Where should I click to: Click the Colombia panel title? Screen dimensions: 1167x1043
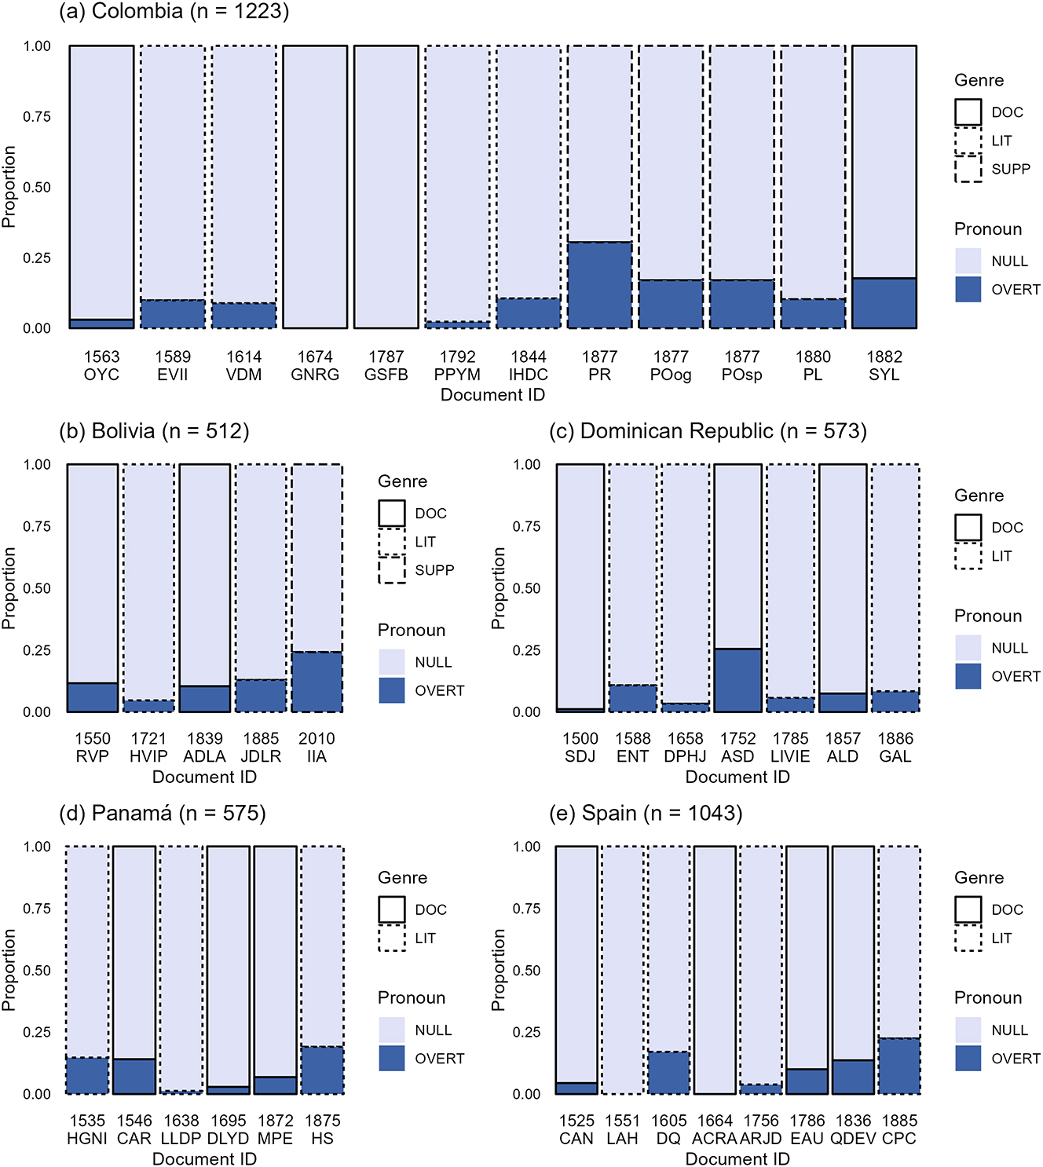tap(174, 12)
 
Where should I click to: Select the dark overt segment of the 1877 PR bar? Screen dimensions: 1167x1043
tap(599, 285)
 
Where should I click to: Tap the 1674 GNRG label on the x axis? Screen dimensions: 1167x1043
tap(315, 366)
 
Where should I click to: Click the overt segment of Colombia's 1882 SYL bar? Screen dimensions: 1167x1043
tap(884, 303)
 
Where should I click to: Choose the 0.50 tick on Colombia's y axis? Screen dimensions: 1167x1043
tap(37, 188)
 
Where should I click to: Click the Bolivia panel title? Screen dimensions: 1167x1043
tap(154, 431)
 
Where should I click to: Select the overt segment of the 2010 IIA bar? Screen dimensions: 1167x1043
tap(317, 682)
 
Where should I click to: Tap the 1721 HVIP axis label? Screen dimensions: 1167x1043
tap(148, 748)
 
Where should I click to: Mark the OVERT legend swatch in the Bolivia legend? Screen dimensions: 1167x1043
tap(392, 690)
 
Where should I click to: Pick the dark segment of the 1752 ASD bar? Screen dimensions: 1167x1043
tap(737, 680)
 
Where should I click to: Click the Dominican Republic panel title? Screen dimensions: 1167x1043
tap(708, 431)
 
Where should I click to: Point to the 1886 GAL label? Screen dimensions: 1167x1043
tap(895, 748)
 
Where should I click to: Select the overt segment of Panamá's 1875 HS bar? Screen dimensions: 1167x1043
tap(322, 1070)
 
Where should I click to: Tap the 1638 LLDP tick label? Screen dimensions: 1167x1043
tap(181, 1129)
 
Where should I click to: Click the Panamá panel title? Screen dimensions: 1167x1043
tap(163, 813)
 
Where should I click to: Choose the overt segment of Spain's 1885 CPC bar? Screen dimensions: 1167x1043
tap(898, 1066)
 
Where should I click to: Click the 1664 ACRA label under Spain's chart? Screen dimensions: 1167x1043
tap(715, 1129)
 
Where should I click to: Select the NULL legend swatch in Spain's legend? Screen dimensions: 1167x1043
tap(968, 1030)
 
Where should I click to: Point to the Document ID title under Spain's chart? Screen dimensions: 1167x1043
tap(737, 1159)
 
